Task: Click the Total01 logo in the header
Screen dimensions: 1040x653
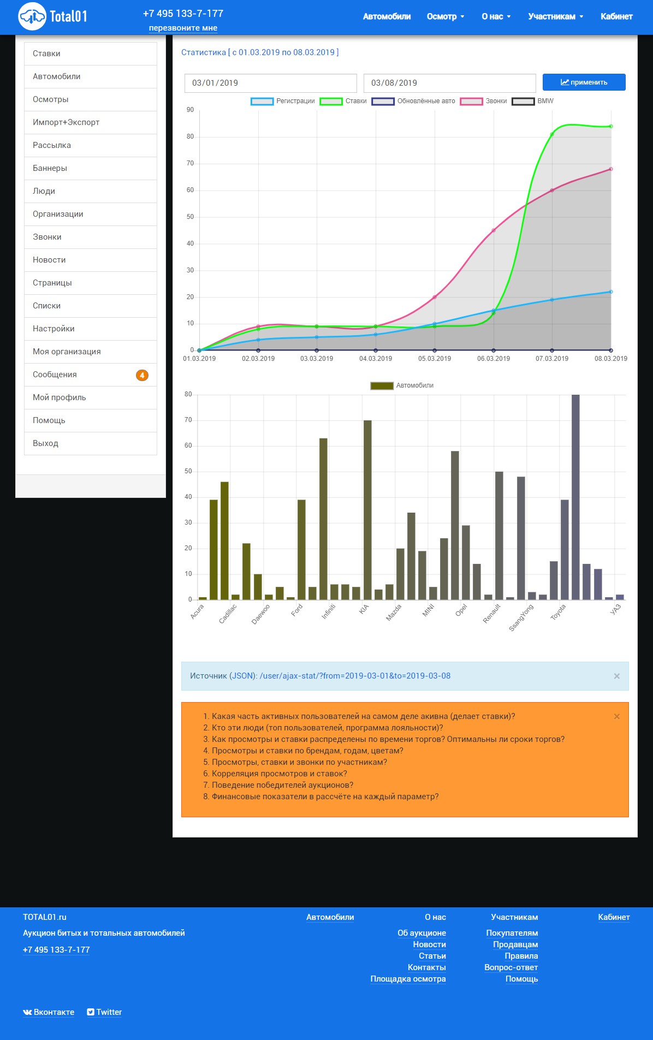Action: [53, 16]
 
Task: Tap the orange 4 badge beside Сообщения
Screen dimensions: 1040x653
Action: [142, 375]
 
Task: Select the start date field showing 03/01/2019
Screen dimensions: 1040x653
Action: [270, 83]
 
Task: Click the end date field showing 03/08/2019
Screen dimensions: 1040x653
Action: [449, 83]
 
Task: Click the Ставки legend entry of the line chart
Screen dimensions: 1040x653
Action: [343, 101]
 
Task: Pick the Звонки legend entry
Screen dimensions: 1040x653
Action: [484, 101]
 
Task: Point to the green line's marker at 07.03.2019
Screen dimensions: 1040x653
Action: [552, 134]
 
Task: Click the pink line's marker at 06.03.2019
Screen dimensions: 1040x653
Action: [494, 230]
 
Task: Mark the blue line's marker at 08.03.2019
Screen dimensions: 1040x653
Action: [611, 292]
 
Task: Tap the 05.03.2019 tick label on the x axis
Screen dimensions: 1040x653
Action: [435, 359]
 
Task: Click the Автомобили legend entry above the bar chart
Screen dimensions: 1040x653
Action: [402, 385]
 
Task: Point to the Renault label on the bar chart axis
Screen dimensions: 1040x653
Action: [492, 614]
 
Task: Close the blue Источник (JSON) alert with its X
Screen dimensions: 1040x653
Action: [617, 676]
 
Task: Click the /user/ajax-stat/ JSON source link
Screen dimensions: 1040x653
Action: [355, 676]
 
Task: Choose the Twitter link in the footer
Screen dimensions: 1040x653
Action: [104, 1012]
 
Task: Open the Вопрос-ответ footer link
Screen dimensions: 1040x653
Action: [511, 967]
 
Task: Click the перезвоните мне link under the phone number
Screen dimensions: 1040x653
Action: [183, 28]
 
